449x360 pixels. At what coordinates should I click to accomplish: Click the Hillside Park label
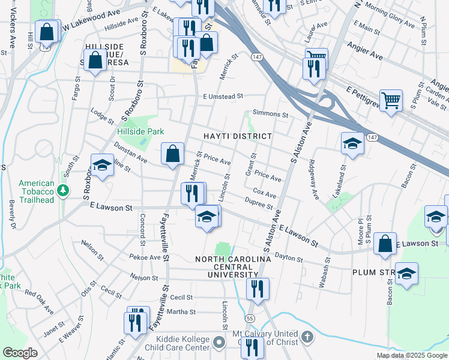(140, 131)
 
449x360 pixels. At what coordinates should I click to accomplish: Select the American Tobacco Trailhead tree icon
(62, 191)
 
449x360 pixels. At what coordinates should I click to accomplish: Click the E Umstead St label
(223, 96)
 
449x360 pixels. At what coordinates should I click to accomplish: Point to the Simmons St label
(271, 113)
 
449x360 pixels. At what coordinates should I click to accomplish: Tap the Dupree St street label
(259, 205)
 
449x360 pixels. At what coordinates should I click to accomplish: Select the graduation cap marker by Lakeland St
(352, 143)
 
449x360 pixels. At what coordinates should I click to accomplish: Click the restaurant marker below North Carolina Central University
(258, 289)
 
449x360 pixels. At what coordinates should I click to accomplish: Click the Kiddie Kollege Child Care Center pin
(219, 343)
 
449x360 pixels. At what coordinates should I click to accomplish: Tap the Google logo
(20, 352)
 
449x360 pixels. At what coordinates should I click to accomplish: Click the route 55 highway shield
(249, 317)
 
